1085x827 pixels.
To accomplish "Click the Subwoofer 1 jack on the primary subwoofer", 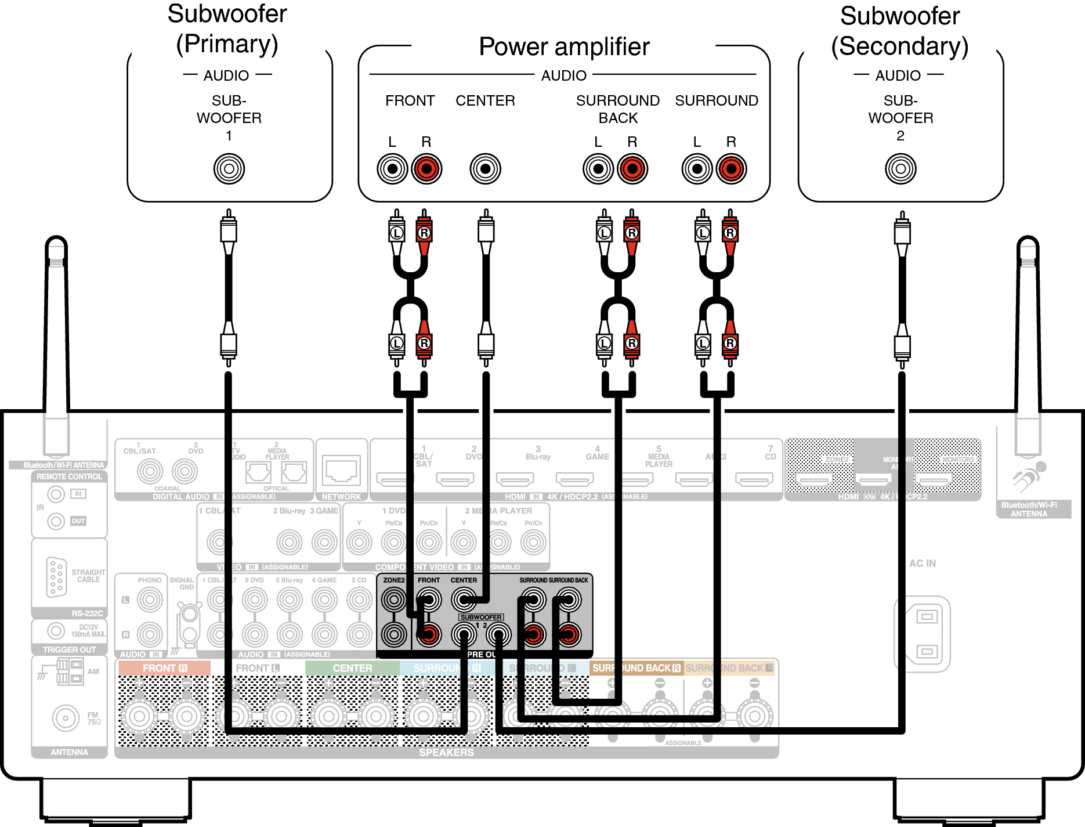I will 229,169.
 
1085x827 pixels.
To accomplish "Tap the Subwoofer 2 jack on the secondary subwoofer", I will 900,169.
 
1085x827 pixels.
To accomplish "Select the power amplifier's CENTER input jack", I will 485,169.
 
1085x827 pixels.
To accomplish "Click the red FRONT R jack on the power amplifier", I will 426,169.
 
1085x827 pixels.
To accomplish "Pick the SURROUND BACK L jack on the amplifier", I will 598,169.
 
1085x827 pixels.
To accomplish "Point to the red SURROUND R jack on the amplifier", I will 731,169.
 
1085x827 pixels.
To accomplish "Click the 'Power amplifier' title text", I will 564,46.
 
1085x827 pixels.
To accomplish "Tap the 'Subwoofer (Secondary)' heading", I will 900,31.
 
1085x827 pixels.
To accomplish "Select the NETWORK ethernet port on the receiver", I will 341,470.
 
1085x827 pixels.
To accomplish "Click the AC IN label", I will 923,564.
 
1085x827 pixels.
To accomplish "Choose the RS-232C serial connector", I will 56,577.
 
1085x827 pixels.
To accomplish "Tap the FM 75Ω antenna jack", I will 66,718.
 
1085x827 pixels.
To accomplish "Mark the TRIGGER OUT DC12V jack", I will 56,631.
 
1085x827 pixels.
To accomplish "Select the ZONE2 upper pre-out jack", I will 394,600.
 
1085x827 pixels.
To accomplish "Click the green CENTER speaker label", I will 352,669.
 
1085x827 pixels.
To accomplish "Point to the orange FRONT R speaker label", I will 165,669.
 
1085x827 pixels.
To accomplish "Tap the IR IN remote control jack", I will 56,494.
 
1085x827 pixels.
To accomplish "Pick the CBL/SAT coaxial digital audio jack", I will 150,471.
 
